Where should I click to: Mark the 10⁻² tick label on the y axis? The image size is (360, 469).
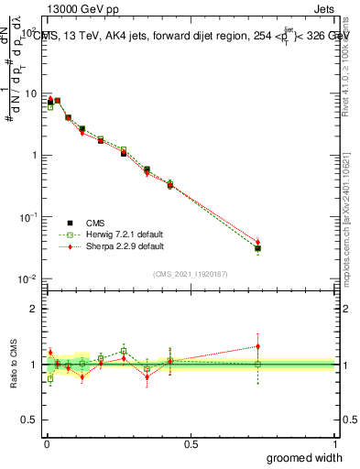coord(28,279)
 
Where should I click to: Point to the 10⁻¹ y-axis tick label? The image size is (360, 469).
coord(28,217)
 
